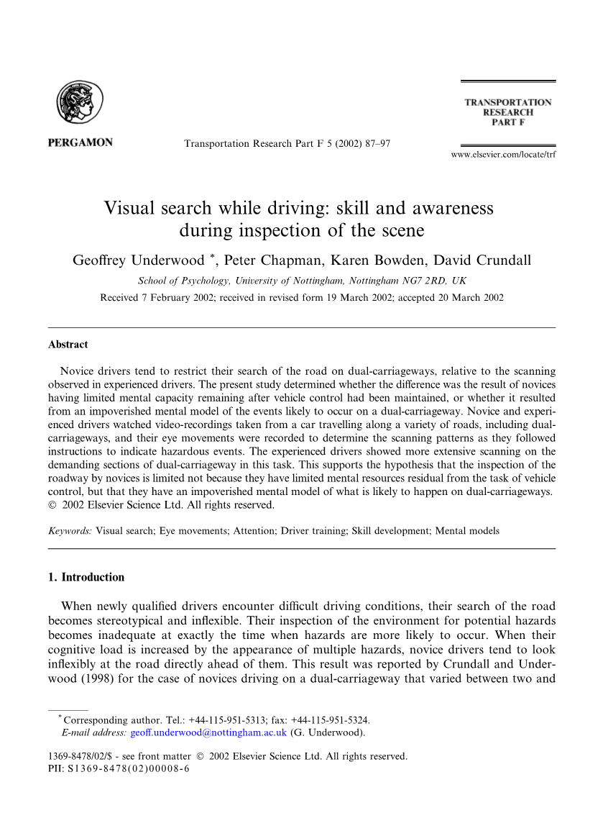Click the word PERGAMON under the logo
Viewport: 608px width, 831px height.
click(x=80, y=142)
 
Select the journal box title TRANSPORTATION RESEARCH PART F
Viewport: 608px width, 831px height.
click(x=507, y=113)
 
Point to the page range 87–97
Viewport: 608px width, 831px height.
click(x=376, y=143)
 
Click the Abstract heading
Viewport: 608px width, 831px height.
click(x=68, y=345)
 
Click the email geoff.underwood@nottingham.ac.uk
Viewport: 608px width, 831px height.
click(x=208, y=733)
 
